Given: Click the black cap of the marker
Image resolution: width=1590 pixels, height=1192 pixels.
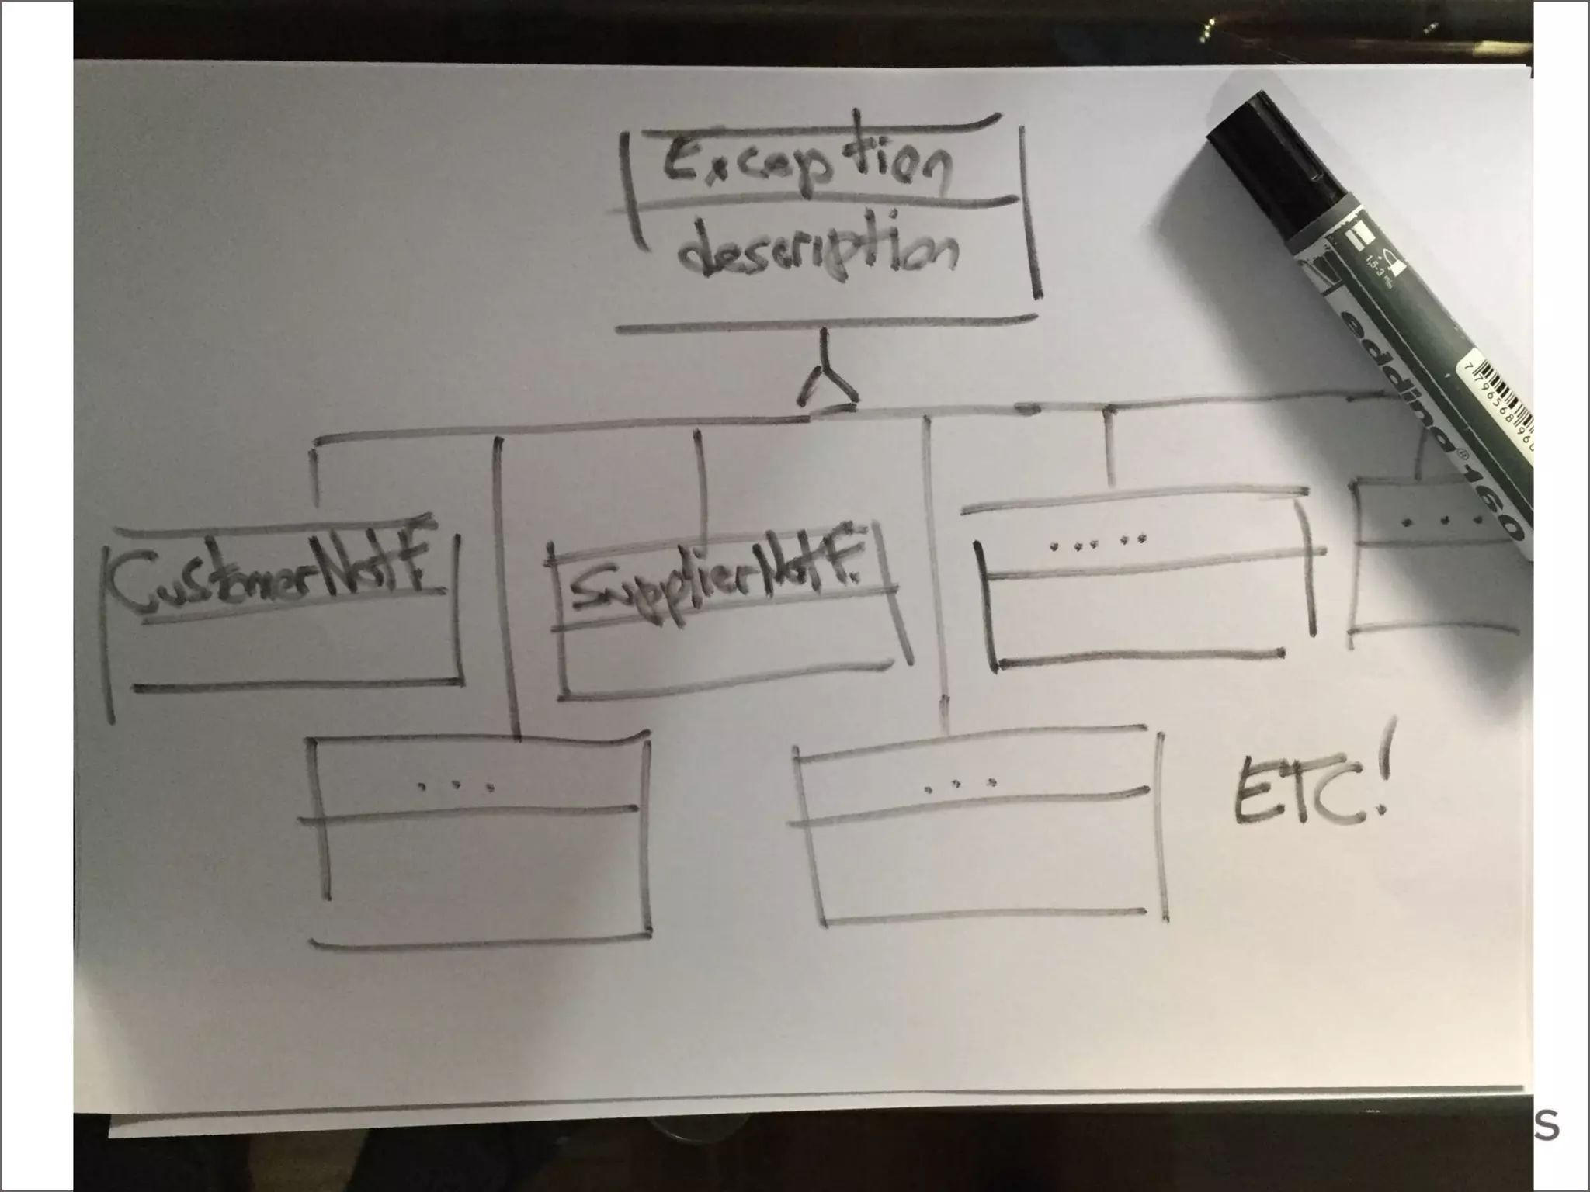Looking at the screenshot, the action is click(x=1273, y=163).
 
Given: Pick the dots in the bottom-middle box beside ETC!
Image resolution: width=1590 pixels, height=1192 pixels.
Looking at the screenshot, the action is click(x=960, y=787).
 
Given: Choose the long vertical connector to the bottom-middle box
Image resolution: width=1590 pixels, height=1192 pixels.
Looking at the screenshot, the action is click(x=936, y=574).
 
